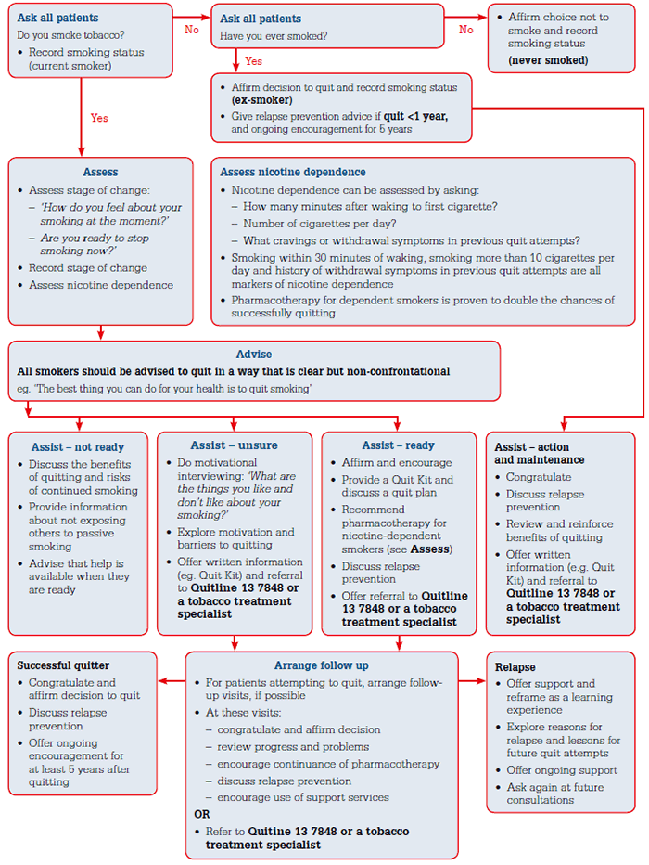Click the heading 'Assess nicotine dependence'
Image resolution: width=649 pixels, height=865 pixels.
[293, 172]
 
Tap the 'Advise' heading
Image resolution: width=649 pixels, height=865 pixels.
[254, 355]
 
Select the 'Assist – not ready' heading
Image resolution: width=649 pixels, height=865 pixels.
[77, 446]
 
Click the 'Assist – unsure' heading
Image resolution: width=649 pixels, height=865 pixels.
[234, 445]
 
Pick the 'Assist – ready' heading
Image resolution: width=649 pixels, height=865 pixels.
[399, 445]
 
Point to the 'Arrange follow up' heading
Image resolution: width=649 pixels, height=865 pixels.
[321, 665]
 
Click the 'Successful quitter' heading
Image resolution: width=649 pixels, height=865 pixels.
[63, 665]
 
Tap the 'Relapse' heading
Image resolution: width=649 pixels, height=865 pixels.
[515, 667]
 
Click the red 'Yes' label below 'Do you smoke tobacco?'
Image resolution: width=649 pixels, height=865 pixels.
[99, 118]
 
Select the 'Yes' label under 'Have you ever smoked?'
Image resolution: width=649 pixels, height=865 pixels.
[254, 61]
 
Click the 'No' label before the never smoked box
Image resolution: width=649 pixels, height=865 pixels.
[466, 29]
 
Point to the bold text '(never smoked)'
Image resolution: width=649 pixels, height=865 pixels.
[548, 60]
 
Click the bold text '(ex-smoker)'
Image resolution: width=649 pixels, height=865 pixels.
[262, 100]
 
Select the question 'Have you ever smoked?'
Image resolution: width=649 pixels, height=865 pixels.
[273, 35]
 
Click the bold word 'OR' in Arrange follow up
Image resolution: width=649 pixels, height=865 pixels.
[201, 814]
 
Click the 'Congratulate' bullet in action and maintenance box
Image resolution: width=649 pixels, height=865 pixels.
[539, 478]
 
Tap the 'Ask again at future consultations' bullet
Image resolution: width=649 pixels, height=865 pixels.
[554, 793]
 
